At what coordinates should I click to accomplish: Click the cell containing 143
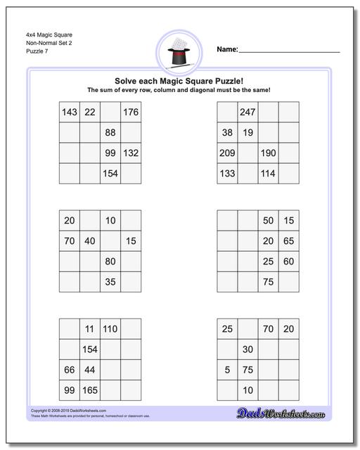coord(69,112)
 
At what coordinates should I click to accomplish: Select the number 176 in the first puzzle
coord(130,112)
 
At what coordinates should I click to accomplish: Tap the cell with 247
coord(247,112)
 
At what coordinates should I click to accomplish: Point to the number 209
coord(227,153)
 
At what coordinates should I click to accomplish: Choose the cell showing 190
coord(268,153)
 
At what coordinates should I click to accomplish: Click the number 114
coord(268,174)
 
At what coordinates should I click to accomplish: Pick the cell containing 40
coord(89,241)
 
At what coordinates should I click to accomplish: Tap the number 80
coord(110,262)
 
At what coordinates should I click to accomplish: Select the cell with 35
coord(110,282)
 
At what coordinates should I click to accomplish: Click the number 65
coord(288,241)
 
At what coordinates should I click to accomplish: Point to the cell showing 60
coord(288,262)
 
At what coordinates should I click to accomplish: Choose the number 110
coord(110,329)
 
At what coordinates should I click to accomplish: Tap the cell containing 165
coord(89,390)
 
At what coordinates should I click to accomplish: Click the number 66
coord(69,370)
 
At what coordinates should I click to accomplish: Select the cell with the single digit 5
coord(227,370)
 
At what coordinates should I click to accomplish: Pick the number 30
coord(247,349)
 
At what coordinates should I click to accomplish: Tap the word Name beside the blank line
coord(226,50)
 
